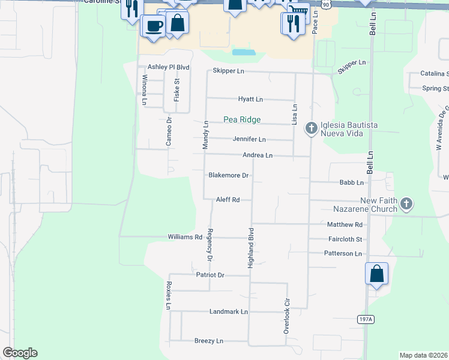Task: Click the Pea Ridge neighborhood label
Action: click(x=242, y=119)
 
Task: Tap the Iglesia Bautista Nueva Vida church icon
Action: click(x=311, y=128)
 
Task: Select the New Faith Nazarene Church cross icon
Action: click(x=406, y=204)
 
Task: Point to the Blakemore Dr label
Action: click(x=228, y=176)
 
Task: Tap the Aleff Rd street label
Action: click(x=228, y=200)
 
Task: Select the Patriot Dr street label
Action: click(x=210, y=275)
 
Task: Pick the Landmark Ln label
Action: click(x=228, y=312)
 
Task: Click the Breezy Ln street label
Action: click(x=209, y=341)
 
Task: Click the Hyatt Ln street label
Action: click(x=250, y=99)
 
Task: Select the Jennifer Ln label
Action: click(x=249, y=139)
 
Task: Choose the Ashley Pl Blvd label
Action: click(x=169, y=67)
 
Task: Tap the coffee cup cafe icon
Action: click(x=154, y=26)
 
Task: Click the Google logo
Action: click(x=20, y=353)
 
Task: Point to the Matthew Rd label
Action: click(x=345, y=224)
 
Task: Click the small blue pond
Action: click(x=244, y=52)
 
